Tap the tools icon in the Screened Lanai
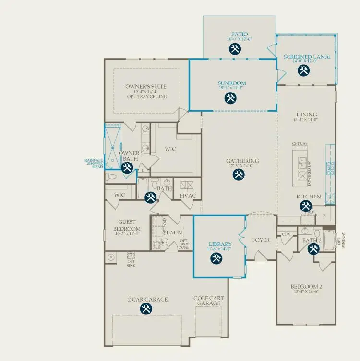click(303, 70)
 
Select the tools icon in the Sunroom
click(230, 98)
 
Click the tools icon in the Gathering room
click(239, 175)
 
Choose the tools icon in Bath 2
click(313, 249)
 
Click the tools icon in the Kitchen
click(305, 206)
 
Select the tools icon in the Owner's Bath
click(127, 167)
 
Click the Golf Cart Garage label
click(209, 301)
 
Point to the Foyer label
click(261, 240)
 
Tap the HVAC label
click(187, 195)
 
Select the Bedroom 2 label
click(306, 287)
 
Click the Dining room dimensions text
click(307, 120)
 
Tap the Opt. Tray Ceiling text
click(147, 97)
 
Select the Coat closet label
click(287, 234)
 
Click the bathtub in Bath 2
click(329, 241)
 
